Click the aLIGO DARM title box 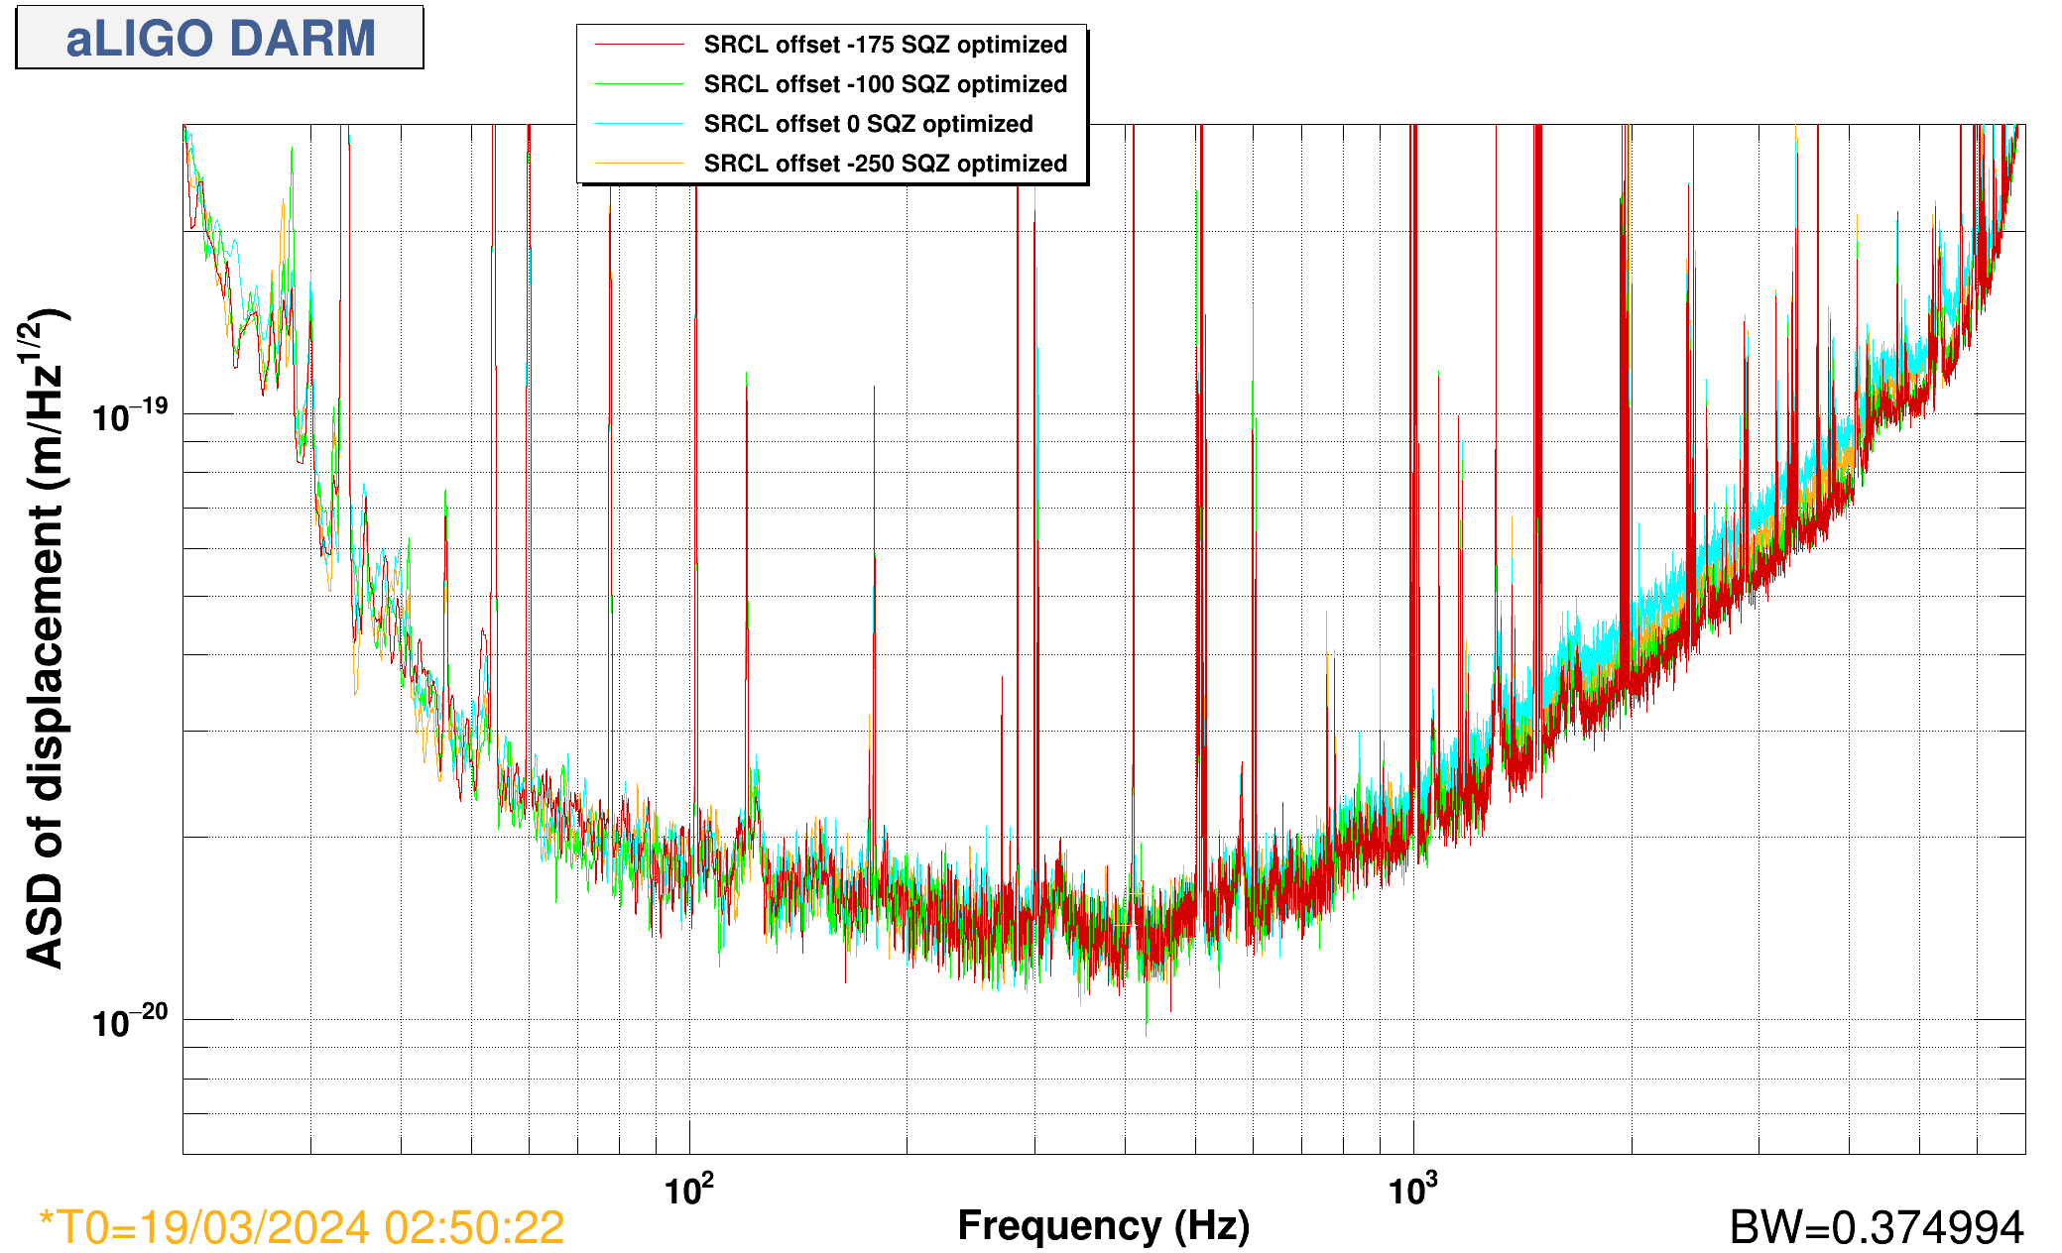pyautogui.click(x=220, y=38)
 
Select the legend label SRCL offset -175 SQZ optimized pyautogui.click(x=885, y=45)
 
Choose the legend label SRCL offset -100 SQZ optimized pyautogui.click(x=885, y=84)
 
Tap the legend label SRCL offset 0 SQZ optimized pyautogui.click(x=868, y=124)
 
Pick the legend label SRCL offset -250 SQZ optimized pyautogui.click(x=885, y=164)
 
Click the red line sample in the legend pyautogui.click(x=639, y=45)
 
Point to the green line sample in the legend pyautogui.click(x=639, y=84)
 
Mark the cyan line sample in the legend pyautogui.click(x=639, y=124)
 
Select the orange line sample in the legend pyautogui.click(x=639, y=164)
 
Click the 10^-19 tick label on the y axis pyautogui.click(x=130, y=415)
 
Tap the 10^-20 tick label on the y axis pyautogui.click(x=130, y=1020)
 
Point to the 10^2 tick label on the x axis pyautogui.click(x=688, y=1189)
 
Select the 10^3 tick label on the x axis pyautogui.click(x=1412, y=1189)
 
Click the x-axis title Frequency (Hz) pyautogui.click(x=1103, y=1226)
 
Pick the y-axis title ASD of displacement pyautogui.click(x=44, y=639)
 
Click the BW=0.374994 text pyautogui.click(x=1876, y=1227)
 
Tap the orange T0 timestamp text pyautogui.click(x=302, y=1227)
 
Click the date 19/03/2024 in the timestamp pyautogui.click(x=254, y=1227)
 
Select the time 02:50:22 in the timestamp pyautogui.click(x=474, y=1227)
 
